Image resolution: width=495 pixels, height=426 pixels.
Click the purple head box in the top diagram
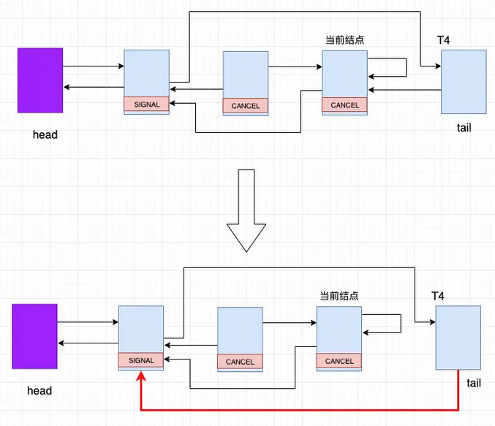(x=40, y=80)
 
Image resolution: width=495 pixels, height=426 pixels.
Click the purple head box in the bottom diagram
(x=34, y=335)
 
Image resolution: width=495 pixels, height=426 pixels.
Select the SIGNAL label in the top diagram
(x=146, y=104)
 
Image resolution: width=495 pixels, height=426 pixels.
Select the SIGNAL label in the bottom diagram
(x=141, y=360)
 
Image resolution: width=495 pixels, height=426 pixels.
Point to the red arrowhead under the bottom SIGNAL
(x=140, y=374)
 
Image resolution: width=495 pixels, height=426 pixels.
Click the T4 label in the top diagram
(x=443, y=39)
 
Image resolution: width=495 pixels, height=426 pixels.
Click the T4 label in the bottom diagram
(x=438, y=296)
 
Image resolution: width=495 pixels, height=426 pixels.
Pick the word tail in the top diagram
(x=464, y=127)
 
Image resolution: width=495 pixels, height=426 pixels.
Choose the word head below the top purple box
(x=45, y=134)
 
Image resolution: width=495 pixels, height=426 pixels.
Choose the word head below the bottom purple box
(x=39, y=391)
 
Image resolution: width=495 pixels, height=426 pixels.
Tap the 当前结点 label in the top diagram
(x=345, y=39)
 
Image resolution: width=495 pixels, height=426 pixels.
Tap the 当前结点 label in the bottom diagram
(x=339, y=296)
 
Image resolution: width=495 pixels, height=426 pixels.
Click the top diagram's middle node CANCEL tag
(x=246, y=106)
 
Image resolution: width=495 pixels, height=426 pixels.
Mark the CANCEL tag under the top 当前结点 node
(x=345, y=105)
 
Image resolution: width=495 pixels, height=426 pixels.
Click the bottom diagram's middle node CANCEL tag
(x=240, y=362)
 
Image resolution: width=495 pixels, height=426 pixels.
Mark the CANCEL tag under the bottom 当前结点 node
(x=339, y=361)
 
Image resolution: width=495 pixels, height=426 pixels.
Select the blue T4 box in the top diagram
(x=464, y=82)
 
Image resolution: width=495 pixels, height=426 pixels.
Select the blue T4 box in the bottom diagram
(x=458, y=338)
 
